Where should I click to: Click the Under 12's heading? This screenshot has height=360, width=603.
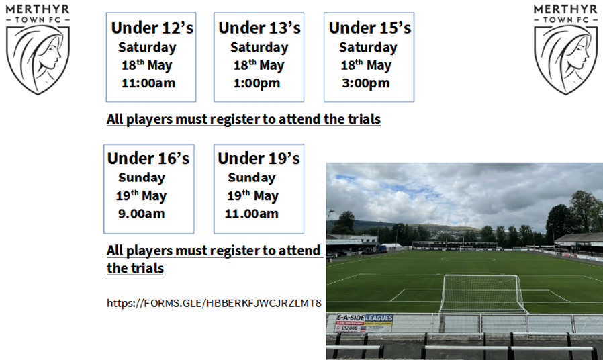(152, 28)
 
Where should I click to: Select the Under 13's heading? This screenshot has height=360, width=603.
(259, 28)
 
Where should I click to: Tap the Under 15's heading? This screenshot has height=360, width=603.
(369, 28)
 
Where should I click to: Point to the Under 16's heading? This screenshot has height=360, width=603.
(148, 159)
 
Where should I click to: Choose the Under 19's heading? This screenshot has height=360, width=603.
(259, 159)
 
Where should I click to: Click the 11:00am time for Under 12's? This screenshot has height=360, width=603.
(148, 84)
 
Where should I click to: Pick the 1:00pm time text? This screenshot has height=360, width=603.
(257, 84)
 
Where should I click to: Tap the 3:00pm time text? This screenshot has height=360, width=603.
(365, 84)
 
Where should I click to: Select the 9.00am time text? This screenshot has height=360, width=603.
(142, 214)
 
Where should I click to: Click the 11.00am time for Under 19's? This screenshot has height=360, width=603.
(251, 214)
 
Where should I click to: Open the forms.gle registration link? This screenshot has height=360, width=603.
(214, 303)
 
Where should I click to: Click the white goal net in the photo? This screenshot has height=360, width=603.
(483, 293)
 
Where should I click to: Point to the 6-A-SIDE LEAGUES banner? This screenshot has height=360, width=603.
(364, 322)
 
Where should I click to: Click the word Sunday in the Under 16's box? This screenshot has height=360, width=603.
(141, 178)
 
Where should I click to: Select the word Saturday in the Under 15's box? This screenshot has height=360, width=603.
(367, 48)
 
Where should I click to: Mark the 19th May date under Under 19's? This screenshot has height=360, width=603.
(252, 196)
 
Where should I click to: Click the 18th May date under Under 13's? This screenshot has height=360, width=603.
(259, 66)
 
